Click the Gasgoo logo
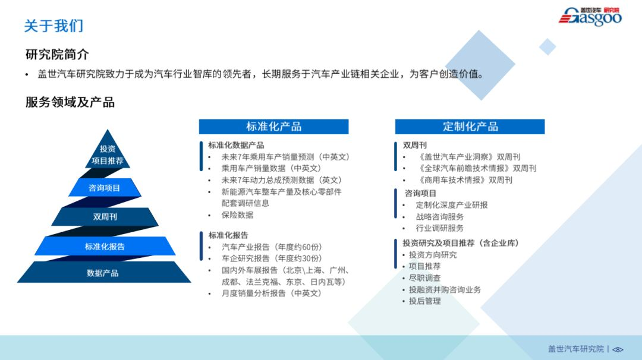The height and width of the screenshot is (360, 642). point(590,17)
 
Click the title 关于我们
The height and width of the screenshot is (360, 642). point(53,26)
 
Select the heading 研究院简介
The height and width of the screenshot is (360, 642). point(57,54)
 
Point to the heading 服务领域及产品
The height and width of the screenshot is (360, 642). point(70,102)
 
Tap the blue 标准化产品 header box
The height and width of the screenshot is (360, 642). point(273,127)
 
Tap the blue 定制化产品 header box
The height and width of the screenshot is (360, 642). point(470,127)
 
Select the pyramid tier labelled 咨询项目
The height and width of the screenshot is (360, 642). point(105,188)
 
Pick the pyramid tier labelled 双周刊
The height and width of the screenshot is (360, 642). point(105,216)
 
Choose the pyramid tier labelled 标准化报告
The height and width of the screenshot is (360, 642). point(105,247)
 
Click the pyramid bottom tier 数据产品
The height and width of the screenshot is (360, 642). point(104,273)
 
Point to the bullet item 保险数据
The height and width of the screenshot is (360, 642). point(237,215)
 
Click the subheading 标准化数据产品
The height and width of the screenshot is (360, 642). point(236,145)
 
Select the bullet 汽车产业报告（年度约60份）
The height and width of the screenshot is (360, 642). point(272,247)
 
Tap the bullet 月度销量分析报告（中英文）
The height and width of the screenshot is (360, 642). point(272,293)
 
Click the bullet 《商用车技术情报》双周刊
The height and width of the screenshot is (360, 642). point(465,180)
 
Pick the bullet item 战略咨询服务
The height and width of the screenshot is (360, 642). point(440,216)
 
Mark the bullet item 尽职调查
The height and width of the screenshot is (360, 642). point(425,278)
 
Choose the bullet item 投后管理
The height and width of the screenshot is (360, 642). point(425,301)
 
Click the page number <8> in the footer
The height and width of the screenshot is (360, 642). point(618,349)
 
